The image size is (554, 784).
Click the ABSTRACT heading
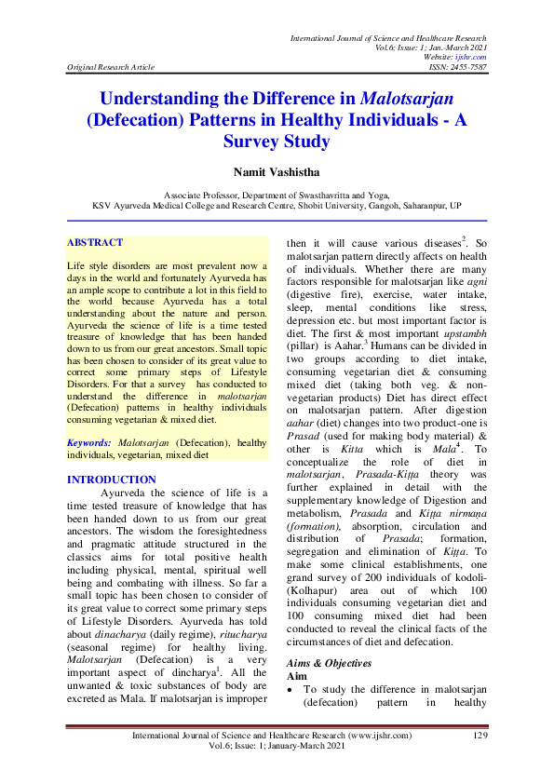[95, 243]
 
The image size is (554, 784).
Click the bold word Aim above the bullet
[297, 676]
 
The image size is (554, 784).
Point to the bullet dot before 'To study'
[291, 690]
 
